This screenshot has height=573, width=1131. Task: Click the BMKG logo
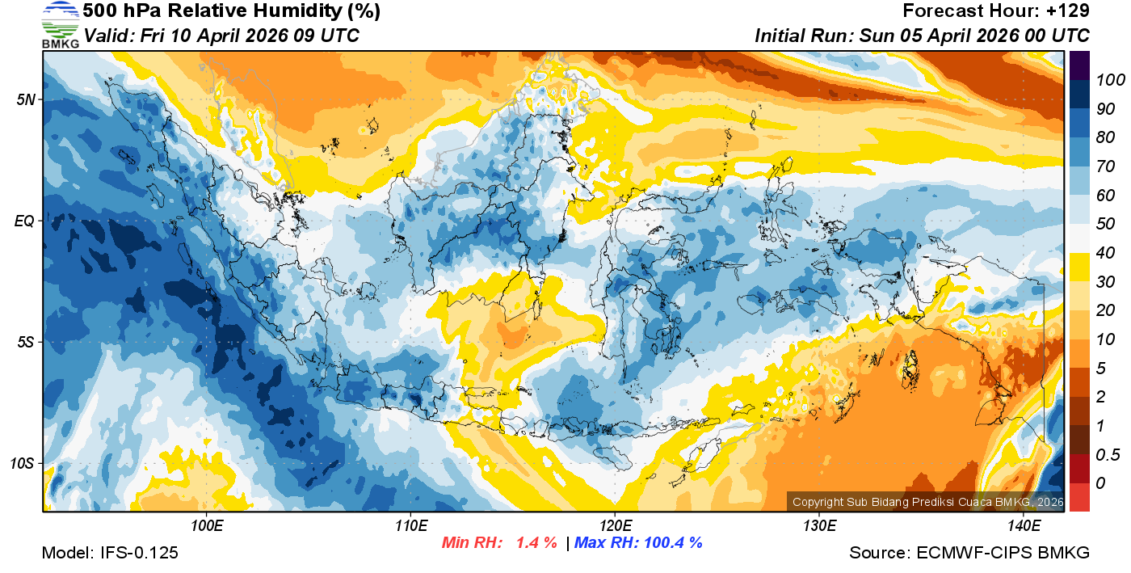tap(60, 24)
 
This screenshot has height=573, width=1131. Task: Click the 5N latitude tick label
tap(26, 99)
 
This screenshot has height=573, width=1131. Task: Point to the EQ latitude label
tap(25, 220)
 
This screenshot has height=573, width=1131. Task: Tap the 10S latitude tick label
tap(23, 464)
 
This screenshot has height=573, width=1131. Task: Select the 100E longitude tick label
tap(207, 526)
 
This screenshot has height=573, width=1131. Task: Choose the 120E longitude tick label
tap(615, 526)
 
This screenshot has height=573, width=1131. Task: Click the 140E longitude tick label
tap(1024, 526)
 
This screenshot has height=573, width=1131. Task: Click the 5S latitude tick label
tap(26, 342)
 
